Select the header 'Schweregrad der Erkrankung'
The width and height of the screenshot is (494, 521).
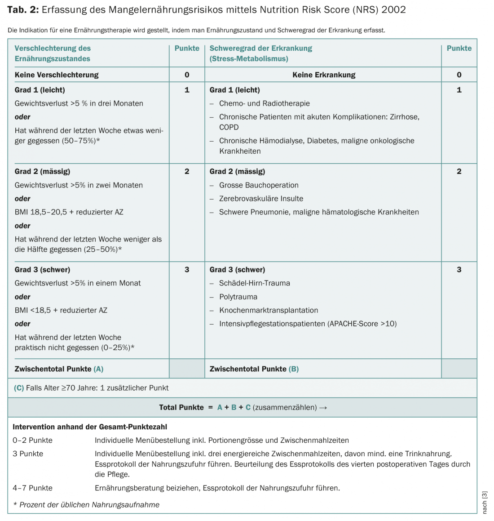pyautogui.click(x=260, y=48)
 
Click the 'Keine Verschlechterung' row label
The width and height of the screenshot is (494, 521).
pyautogui.click(x=57, y=75)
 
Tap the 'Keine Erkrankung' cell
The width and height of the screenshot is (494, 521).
pyautogui.click(x=323, y=75)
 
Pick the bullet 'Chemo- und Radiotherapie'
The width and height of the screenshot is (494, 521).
pyautogui.click(x=264, y=103)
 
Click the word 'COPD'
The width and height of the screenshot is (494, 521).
pyautogui.click(x=229, y=127)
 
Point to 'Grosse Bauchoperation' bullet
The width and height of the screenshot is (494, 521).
pyautogui.click(x=259, y=185)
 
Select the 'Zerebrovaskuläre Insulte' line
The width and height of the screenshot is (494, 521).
pyautogui.click(x=261, y=199)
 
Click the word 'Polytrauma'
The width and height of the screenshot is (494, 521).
pyautogui.click(x=238, y=297)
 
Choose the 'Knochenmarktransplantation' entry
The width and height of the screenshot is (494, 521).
pyautogui.click(x=269, y=310)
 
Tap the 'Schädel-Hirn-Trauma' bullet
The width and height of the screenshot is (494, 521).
pyautogui.click(x=254, y=283)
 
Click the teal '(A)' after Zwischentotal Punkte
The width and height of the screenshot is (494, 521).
pyautogui.click(x=98, y=369)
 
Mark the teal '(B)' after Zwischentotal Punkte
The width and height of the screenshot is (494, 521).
pyautogui.click(x=294, y=369)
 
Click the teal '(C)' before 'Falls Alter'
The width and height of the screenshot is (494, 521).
pyautogui.click(x=19, y=388)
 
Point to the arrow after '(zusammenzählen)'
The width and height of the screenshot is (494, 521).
pyautogui.click(x=323, y=408)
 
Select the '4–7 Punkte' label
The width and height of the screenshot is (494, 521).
pyautogui.click(x=32, y=488)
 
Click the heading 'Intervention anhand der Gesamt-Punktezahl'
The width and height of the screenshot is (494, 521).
pyautogui.click(x=90, y=427)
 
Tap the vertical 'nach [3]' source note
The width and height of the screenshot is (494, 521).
pyautogui.click(x=485, y=503)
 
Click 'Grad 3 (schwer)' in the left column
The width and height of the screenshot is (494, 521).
pyautogui.click(x=42, y=270)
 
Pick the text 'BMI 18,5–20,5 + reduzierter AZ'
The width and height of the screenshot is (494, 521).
pyautogui.click(x=69, y=212)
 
